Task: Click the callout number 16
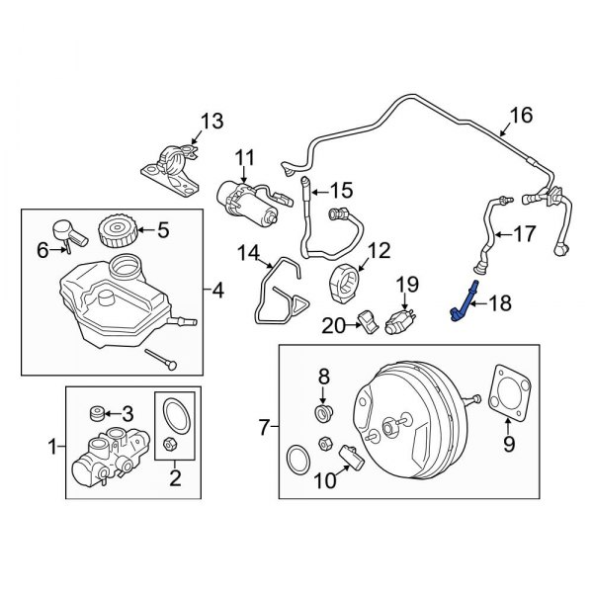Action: [520, 116]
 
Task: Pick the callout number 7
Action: [263, 427]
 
